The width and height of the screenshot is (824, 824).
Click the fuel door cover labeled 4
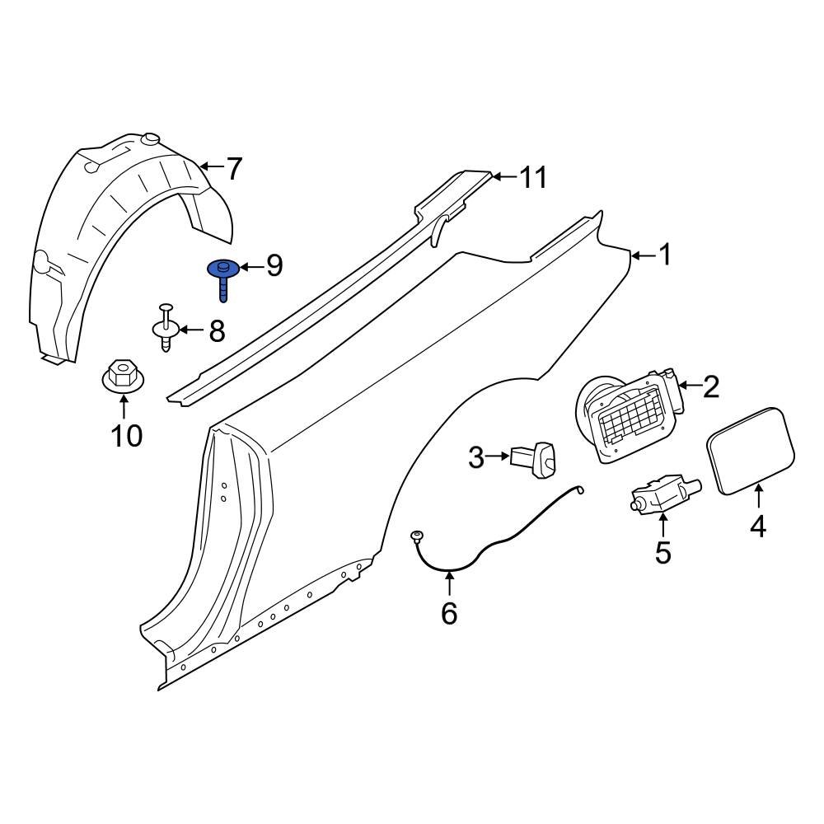750,451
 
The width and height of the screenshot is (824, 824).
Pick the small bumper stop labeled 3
536,458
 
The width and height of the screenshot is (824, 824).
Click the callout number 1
664,256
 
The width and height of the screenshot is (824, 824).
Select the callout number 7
234,170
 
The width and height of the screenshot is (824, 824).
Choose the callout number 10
127,436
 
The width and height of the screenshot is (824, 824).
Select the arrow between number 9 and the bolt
250,266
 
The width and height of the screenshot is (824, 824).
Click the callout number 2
710,386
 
